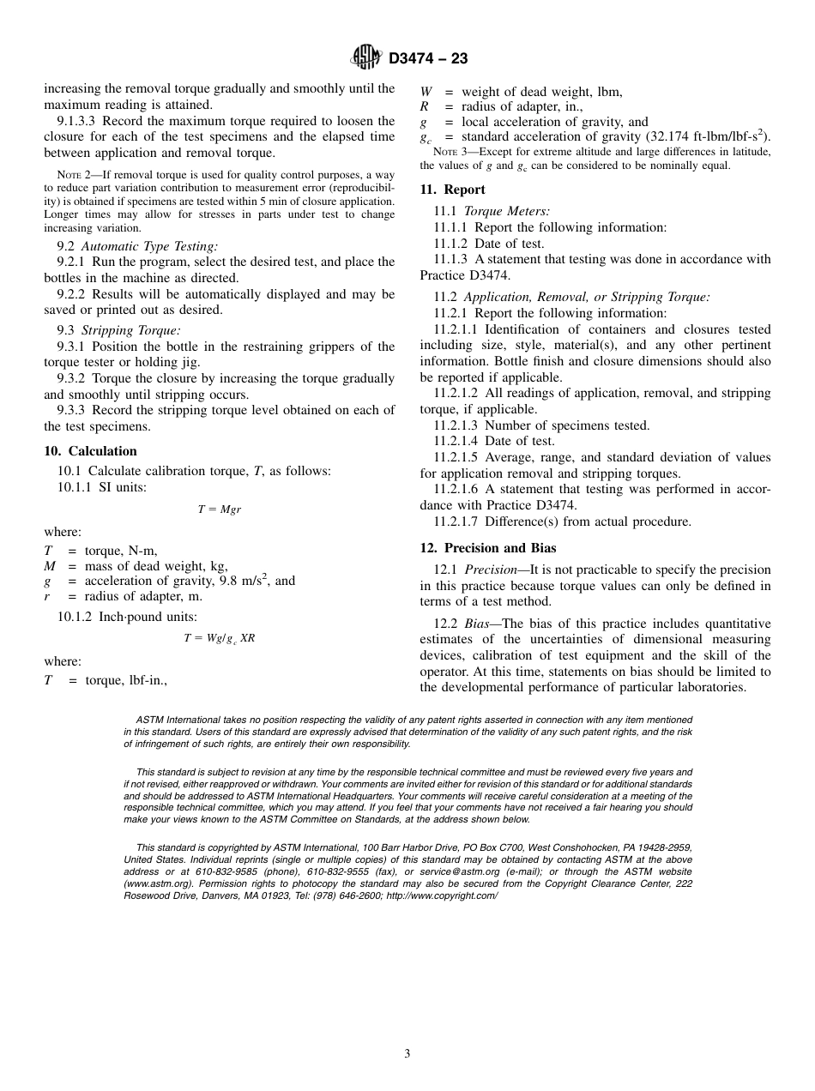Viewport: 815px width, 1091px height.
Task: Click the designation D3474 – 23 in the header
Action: (x=427, y=59)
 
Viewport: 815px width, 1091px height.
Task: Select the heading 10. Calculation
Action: (x=90, y=451)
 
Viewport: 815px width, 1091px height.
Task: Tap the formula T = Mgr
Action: (x=220, y=509)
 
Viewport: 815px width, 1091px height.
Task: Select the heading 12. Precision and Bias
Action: (x=487, y=548)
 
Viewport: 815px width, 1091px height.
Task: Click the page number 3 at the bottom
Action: (x=407, y=1054)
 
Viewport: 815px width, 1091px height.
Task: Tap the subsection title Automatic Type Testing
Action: (x=149, y=246)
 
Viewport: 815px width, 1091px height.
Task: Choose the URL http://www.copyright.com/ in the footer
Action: (x=442, y=895)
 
